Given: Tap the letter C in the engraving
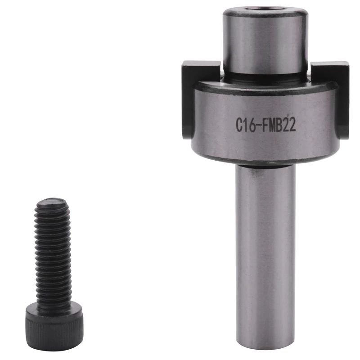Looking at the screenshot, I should point(240,126).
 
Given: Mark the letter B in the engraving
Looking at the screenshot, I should point(280,126).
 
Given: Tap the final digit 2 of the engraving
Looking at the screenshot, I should point(292,126).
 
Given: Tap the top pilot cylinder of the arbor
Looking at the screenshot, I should point(265,43).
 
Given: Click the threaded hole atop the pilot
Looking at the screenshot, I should point(265,9).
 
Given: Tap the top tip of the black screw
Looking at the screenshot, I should point(52,201).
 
